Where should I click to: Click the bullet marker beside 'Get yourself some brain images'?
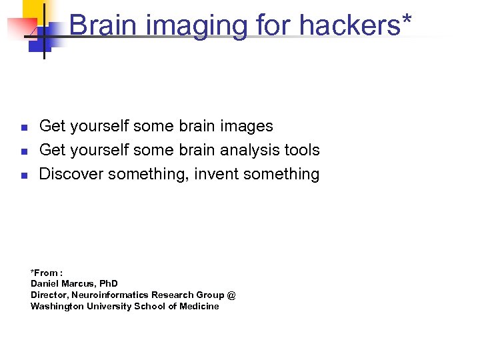pos(23,127)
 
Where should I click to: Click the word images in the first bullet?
pos(248,126)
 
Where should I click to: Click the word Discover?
pos(71,174)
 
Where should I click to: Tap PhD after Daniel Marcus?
pos(109,284)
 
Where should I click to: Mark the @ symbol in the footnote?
pos(231,295)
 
